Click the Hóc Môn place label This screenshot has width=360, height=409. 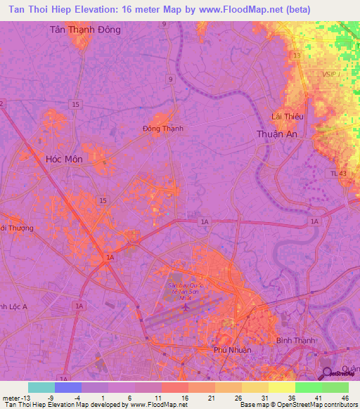[x=64, y=160]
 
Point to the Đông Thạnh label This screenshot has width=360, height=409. [x=162, y=129]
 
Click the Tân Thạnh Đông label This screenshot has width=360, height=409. [x=86, y=30]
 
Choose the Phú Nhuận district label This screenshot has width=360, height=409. [x=232, y=349]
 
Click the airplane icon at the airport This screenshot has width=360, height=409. [x=185, y=306]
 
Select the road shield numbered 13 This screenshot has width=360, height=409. [x=297, y=55]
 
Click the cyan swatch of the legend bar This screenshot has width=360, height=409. [x=41, y=387]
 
